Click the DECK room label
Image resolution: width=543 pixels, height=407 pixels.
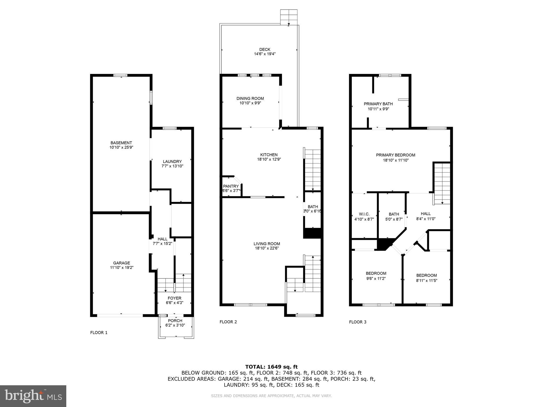point(265,50)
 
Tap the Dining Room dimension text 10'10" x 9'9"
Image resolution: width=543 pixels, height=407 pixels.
point(250,103)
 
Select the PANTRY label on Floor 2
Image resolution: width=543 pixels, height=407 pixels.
point(231,186)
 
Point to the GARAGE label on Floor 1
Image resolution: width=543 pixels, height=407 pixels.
point(122,263)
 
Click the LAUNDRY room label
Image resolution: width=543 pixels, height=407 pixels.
point(172,161)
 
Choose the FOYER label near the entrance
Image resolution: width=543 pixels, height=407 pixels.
point(174,298)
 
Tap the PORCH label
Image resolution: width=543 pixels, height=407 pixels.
point(175,321)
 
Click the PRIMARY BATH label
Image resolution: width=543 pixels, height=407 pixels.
point(378,104)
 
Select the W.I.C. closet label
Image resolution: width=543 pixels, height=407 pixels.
point(364,214)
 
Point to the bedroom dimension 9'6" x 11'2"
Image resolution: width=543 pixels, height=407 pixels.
point(376,278)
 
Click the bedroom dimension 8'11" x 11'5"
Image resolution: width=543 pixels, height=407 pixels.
point(426,280)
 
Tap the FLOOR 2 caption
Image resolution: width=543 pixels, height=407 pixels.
point(228,322)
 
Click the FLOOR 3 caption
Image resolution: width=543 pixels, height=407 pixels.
point(358,322)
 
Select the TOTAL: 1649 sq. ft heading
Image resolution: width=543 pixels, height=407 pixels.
point(271,367)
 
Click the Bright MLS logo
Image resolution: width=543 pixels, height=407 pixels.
point(33,396)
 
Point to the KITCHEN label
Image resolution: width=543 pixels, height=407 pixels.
point(269,155)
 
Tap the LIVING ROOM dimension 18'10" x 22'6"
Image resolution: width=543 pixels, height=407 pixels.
point(267,248)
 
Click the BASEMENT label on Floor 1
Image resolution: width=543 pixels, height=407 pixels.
point(121,143)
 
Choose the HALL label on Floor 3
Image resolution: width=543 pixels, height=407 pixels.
point(426,214)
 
